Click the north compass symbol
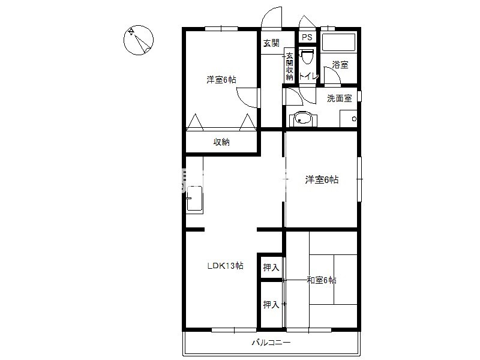tap(139, 40)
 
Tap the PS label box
tap(307, 37)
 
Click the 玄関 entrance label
tap(272, 43)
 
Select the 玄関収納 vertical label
tap(289, 67)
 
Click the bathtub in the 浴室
tap(338, 42)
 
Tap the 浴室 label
tap(340, 65)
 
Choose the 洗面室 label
tap(340, 98)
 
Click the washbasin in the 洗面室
tap(302, 119)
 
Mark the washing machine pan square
tap(349, 118)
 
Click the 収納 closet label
tap(221, 142)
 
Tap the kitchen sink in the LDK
tap(194, 198)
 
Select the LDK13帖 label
tap(226, 266)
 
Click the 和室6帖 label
tap(322, 280)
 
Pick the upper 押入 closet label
tap(271, 268)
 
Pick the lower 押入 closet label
tap(271, 305)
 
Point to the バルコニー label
tap(271, 342)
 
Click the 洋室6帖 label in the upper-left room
tap(221, 80)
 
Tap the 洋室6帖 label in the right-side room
tap(322, 179)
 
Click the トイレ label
tap(309, 76)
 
